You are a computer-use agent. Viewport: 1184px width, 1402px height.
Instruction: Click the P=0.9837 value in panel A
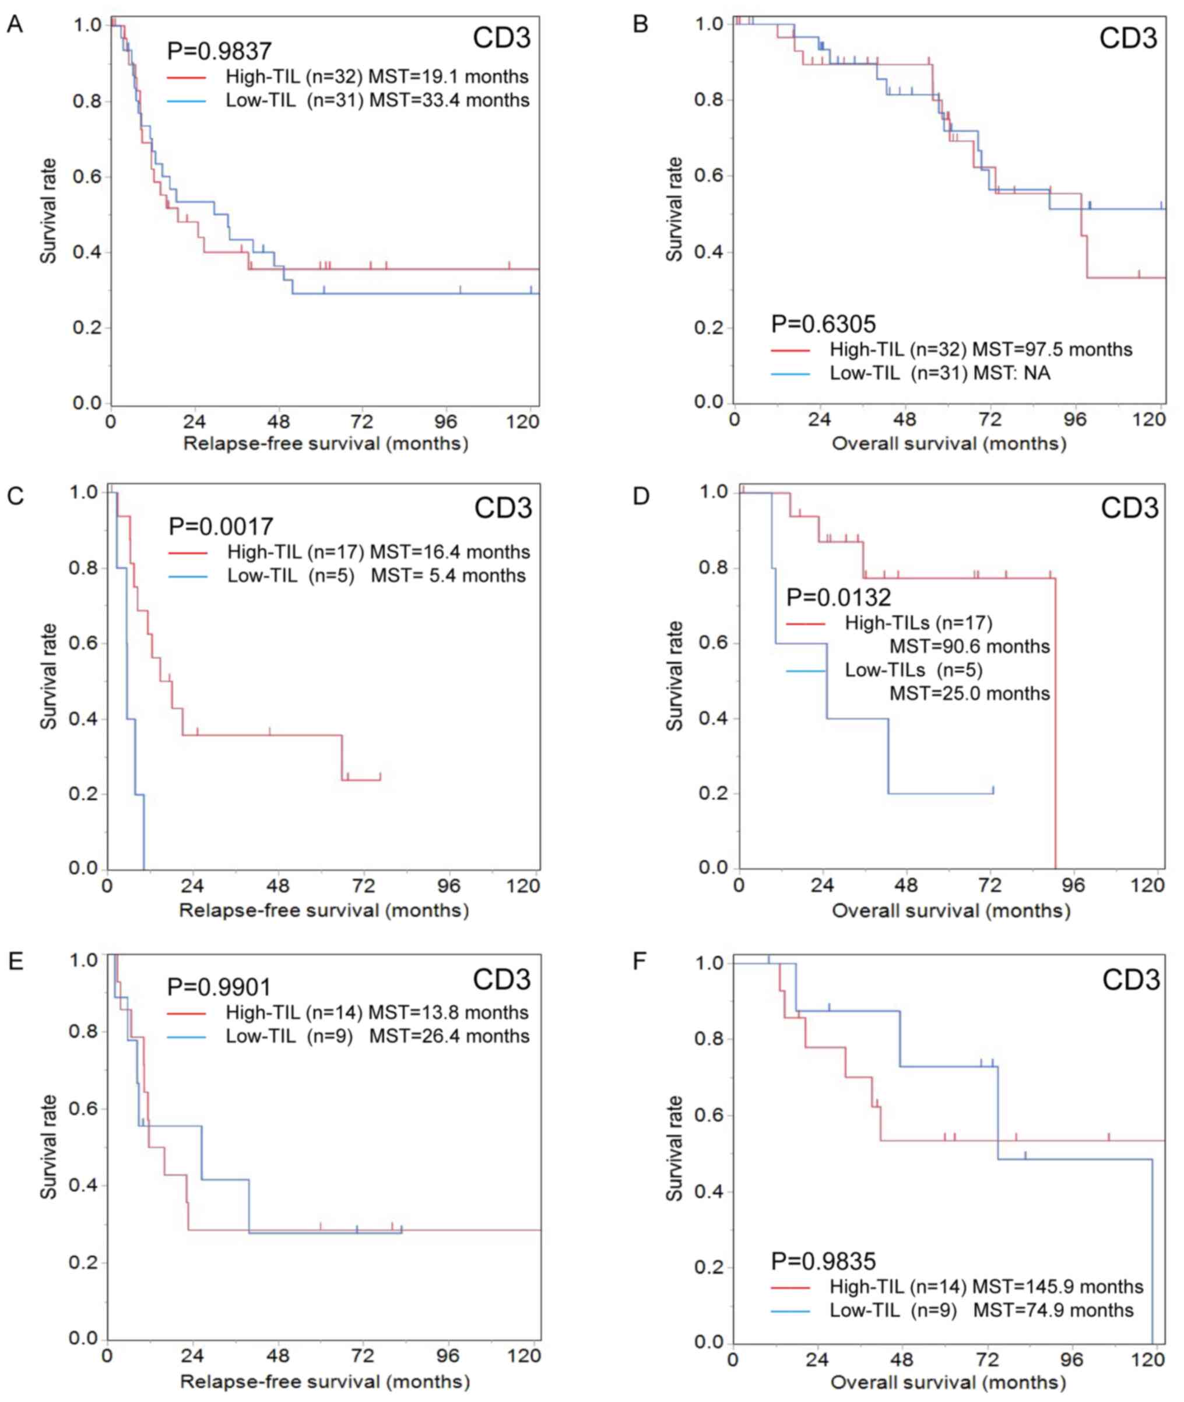pos(219,51)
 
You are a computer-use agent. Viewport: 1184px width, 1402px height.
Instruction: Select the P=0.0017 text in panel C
pos(220,527)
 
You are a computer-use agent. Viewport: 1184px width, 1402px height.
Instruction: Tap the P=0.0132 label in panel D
pos(838,597)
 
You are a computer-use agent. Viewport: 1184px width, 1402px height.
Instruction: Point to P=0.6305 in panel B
pos(823,324)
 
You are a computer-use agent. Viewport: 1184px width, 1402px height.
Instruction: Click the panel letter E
pos(15,962)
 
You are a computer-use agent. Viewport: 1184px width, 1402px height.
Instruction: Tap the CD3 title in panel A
pos(501,37)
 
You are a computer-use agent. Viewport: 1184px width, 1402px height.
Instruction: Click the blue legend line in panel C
pos(188,577)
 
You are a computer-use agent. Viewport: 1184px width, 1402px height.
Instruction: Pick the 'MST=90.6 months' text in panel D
pos(969,647)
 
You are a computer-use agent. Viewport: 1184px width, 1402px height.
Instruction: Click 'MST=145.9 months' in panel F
pos(1057,1287)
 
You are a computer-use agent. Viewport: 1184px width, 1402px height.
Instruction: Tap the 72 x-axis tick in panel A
pos(362,422)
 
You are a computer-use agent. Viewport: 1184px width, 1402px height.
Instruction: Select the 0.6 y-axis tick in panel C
pos(84,643)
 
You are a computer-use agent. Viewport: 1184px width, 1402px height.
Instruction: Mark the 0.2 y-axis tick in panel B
pos(709,328)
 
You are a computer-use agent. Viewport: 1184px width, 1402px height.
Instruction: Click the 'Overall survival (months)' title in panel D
pos(950,911)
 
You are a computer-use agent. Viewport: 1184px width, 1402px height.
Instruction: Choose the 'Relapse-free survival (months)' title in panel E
pos(325,1382)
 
